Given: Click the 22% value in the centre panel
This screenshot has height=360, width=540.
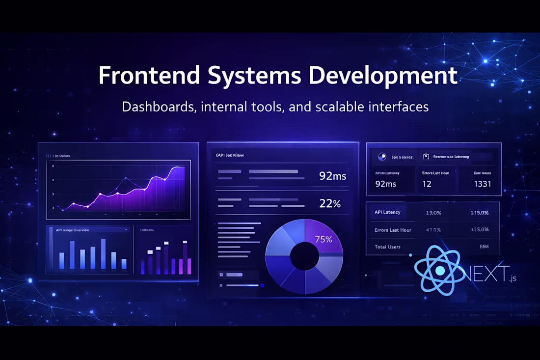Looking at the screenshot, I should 330,204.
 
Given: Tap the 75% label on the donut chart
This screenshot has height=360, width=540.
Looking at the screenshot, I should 324,240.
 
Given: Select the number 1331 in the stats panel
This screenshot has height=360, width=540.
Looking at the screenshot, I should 482,185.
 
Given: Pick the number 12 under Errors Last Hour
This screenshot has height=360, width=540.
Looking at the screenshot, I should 427,185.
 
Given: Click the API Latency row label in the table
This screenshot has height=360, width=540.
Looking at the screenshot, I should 387,213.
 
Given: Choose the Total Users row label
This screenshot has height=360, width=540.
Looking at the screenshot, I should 387,247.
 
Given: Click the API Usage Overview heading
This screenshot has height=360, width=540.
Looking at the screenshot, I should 72,230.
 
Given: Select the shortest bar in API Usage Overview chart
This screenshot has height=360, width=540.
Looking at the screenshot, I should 124,264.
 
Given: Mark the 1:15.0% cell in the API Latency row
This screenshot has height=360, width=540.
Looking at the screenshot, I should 479,213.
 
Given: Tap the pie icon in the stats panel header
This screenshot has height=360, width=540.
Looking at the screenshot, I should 382,157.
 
